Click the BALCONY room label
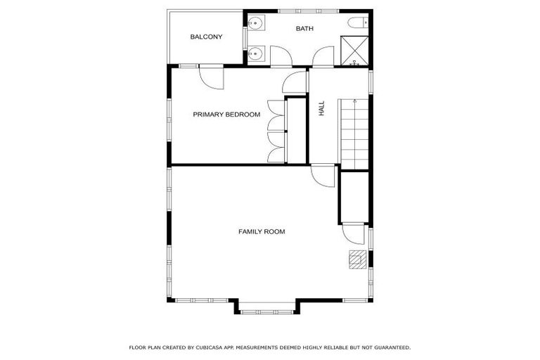pos(206,37)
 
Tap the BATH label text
pos(304,29)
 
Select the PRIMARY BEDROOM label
pos(226,115)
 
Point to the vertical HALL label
pos(321,108)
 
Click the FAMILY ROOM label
pos(262,231)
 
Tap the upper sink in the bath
pos(255,24)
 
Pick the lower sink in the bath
pos(255,53)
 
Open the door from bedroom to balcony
pos(211,76)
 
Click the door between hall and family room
pos(323,176)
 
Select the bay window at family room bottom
pos(267,307)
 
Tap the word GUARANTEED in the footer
pos(392,347)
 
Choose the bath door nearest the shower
pos(323,58)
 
